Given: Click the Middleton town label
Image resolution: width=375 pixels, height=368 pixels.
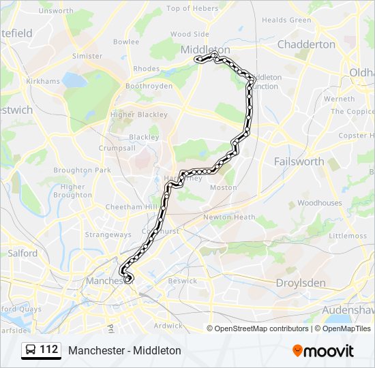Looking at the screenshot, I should pos(205,50).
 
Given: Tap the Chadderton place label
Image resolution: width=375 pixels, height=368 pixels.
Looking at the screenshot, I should pos(306,44).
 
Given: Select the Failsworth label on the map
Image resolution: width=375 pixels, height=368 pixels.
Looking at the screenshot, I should pos(299,162).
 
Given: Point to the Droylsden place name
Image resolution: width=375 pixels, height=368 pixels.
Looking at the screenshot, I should pos(301,283).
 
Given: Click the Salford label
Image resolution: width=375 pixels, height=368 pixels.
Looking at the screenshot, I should pos(22,253).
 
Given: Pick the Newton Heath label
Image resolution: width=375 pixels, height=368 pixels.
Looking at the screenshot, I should pos(229,217).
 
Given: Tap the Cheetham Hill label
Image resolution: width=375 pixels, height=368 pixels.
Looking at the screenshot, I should pos(131,206).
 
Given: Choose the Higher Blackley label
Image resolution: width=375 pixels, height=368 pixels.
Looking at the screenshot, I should pos(138,114).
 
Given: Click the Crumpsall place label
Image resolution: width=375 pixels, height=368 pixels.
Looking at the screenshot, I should pos(117,148).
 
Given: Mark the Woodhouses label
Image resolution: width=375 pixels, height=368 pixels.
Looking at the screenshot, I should pos(319,203).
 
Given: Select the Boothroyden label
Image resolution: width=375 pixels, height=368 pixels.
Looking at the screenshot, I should pos(149,87).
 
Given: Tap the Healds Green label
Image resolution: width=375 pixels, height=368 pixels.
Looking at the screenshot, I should pos(286,20).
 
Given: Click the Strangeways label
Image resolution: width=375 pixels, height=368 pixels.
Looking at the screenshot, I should pos(108,235).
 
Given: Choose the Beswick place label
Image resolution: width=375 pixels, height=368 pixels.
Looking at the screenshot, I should pos(182,281).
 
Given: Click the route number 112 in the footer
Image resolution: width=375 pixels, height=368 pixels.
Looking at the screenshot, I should pos(49,350).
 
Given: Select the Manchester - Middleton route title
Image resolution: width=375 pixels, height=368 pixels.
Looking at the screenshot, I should pos(125,350).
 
